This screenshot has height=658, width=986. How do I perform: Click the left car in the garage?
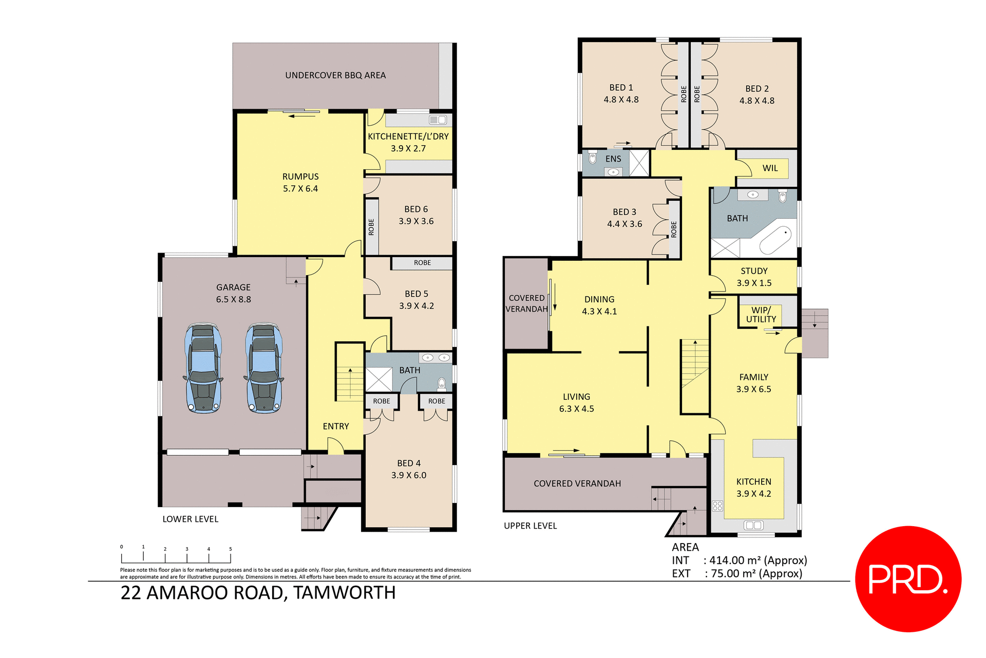tap(203, 368)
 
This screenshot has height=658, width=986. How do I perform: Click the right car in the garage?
tap(264, 368)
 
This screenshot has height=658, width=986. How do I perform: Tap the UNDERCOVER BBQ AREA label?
tap(335, 75)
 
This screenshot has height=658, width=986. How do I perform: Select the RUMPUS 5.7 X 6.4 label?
tap(300, 183)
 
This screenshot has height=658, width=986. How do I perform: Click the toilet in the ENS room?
tap(593, 158)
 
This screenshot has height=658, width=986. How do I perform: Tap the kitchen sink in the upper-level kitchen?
tap(753, 525)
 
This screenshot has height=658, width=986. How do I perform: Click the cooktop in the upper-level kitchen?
tap(717, 506)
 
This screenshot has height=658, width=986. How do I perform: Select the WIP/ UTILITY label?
tap(761, 315)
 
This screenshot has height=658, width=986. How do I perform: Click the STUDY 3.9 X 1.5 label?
tap(754, 277)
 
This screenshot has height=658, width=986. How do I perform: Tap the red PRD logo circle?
tap(908, 578)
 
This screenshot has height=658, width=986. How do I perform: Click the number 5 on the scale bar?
tap(231, 549)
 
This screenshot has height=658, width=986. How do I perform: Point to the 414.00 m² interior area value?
tap(758, 560)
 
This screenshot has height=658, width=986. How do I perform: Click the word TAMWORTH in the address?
tap(345, 593)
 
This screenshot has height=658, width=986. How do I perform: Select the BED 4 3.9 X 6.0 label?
tap(409, 469)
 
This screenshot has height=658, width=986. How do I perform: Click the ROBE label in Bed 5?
tap(422, 263)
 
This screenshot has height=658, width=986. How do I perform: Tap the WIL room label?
tap(770, 168)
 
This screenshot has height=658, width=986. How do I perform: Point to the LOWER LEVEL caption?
tap(191, 519)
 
